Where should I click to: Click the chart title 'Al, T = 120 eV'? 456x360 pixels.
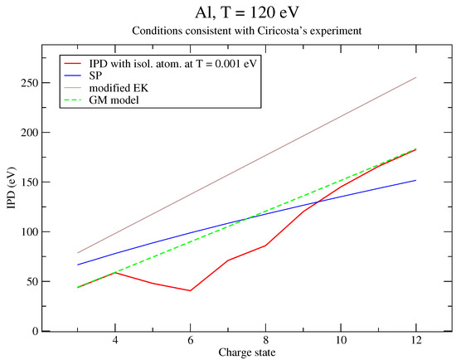tap(246, 13)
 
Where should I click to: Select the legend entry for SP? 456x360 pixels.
tap(95, 75)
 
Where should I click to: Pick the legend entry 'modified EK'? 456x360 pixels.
tap(119, 88)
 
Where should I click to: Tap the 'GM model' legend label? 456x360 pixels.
tap(114, 100)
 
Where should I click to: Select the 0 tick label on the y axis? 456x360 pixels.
tap(35, 331)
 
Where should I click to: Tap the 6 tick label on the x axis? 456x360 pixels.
tap(190, 340)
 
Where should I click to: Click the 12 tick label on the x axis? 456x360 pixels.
tap(416, 340)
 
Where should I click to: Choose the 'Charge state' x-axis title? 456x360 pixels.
tap(247, 353)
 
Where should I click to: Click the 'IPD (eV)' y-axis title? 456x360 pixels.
tap(12, 187)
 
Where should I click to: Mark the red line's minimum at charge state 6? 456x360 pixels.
tap(190, 290)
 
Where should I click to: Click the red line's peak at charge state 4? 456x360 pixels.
tap(115, 272)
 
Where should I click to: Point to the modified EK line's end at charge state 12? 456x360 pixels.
tap(416, 77)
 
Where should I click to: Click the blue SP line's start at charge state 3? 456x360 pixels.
tap(78, 265)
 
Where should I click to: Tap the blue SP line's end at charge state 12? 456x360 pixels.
tap(416, 181)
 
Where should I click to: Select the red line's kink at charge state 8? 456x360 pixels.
tap(265, 246)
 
